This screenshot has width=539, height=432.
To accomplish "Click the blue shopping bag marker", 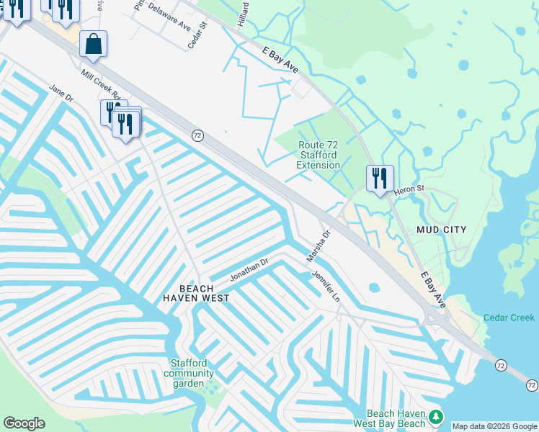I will point(94,44).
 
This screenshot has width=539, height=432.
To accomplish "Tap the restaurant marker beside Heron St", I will point(380,178).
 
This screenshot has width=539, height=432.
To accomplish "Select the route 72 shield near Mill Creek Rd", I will point(197,135).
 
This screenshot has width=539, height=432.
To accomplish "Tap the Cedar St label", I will point(197,35).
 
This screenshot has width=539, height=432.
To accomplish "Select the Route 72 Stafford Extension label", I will point(318,155).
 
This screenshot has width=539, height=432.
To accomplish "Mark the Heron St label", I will point(411,190).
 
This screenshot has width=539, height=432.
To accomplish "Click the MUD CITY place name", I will point(441,230).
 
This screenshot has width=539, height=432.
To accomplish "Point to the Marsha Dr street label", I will point(318,246).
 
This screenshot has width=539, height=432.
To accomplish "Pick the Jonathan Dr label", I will point(249,270).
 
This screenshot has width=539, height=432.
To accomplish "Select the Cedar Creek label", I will point(509,318).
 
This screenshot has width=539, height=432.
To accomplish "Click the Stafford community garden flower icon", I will point(211,387).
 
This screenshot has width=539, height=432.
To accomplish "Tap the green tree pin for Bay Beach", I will point(435,416).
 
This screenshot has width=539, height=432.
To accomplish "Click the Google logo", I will point(24,423).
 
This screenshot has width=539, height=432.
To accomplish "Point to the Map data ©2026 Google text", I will point(494,426).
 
